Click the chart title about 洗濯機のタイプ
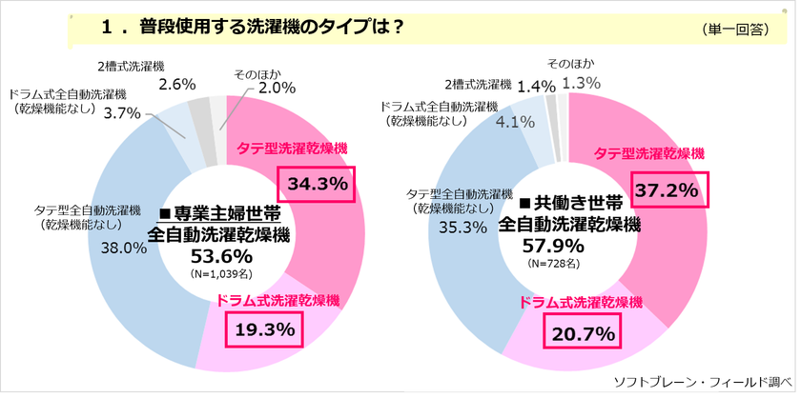(x=252, y=28)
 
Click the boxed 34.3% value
(x=315, y=183)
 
